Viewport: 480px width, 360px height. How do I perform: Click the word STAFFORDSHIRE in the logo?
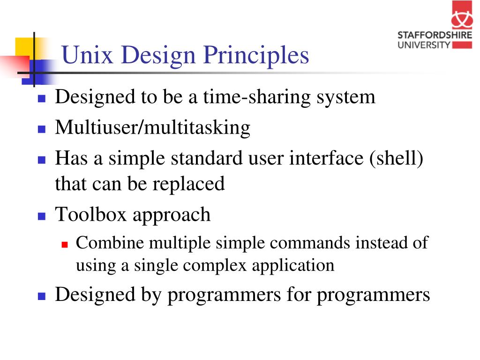click(x=435, y=35)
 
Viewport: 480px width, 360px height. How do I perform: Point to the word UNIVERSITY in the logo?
click(x=424, y=45)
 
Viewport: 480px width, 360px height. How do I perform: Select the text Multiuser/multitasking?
click(x=152, y=127)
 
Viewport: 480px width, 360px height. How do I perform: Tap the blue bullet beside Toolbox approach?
click(x=41, y=216)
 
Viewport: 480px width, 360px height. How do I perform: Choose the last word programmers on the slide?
click(x=373, y=295)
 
